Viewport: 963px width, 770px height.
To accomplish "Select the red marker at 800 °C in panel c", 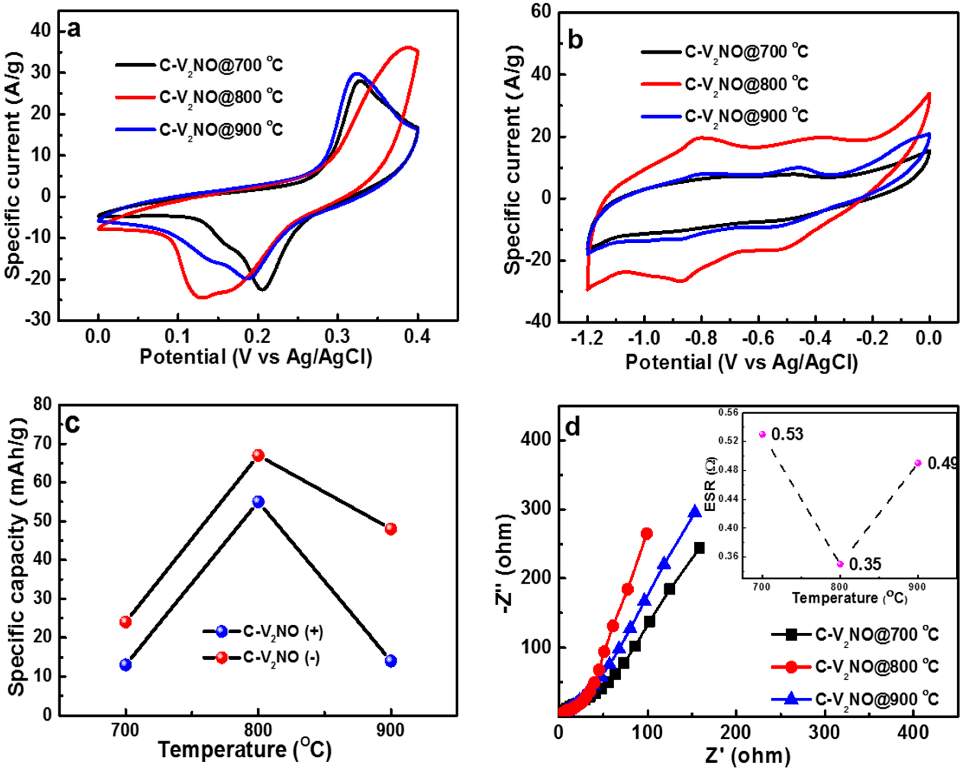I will coord(258,455).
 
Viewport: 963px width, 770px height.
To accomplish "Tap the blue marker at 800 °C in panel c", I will coord(258,502).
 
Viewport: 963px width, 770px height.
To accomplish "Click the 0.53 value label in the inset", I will coord(787,434).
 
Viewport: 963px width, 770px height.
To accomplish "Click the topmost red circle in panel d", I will coord(646,534).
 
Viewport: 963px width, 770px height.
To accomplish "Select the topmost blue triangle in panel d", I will coord(695,512).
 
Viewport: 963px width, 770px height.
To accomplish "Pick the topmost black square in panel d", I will coord(699,548).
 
